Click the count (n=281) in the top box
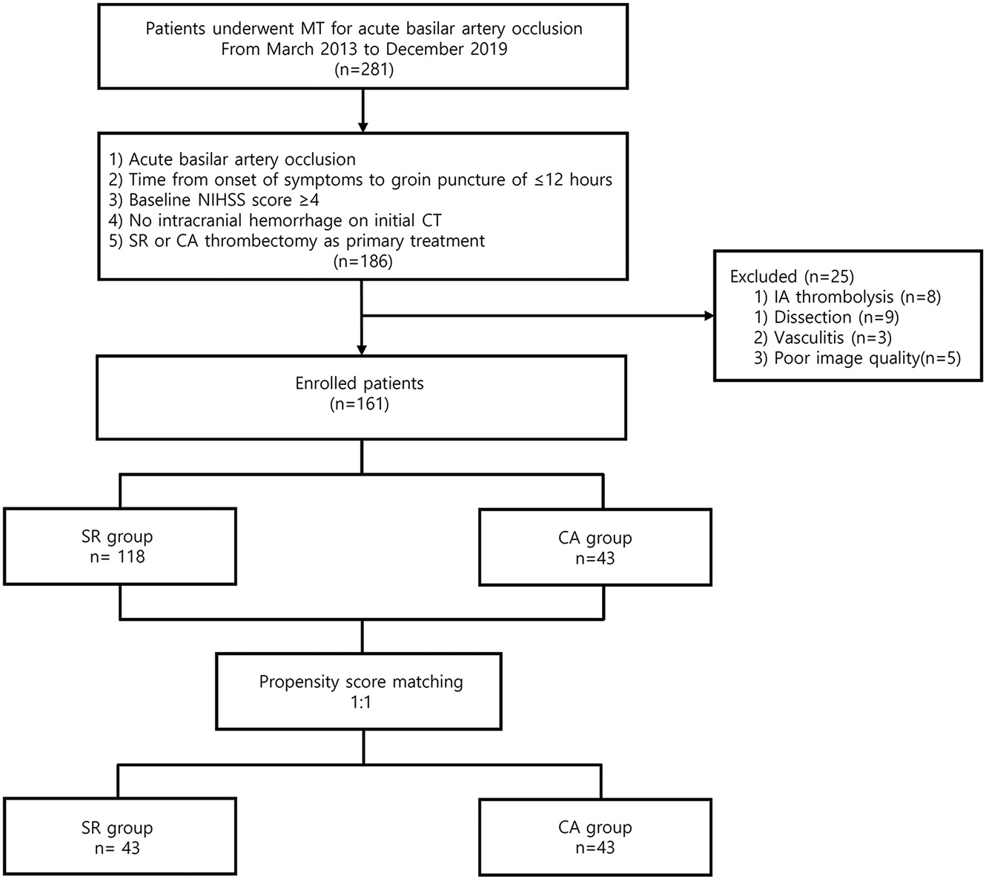[363, 70]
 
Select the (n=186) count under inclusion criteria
[363, 262]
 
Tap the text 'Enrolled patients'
[359, 383]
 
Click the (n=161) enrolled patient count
[359, 404]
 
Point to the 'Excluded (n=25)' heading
[792, 277]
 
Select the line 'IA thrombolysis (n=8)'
[847, 297]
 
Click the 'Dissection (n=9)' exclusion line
[827, 317]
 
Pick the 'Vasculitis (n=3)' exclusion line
[822, 338]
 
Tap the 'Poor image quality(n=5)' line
[857, 358]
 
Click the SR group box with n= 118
[119, 546]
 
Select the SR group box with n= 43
[119, 836]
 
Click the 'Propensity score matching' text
[360, 682]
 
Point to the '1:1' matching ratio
[360, 702]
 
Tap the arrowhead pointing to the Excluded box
[709, 316]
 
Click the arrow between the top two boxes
[363, 111]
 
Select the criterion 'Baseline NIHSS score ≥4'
[214, 200]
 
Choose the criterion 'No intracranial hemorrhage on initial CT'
[275, 220]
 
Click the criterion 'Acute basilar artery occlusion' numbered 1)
[232, 159]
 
